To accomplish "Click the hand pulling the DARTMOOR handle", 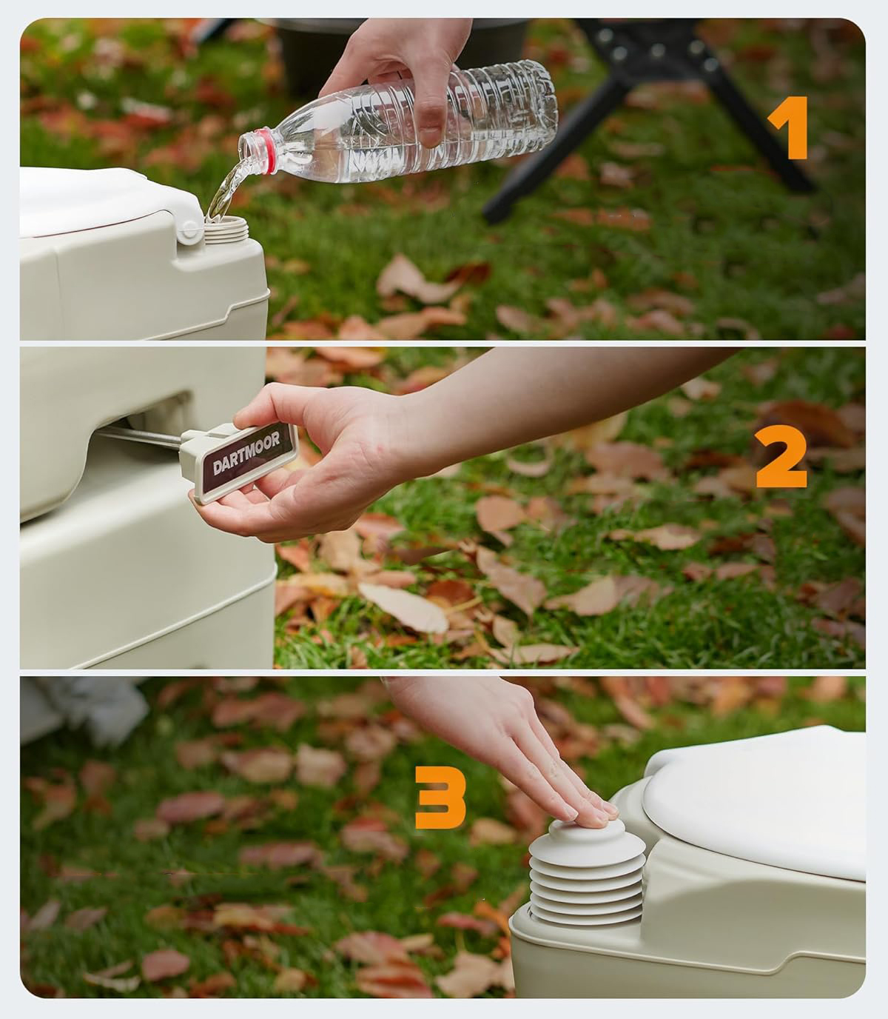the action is click(309, 458).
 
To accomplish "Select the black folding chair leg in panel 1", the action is click(552, 150).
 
